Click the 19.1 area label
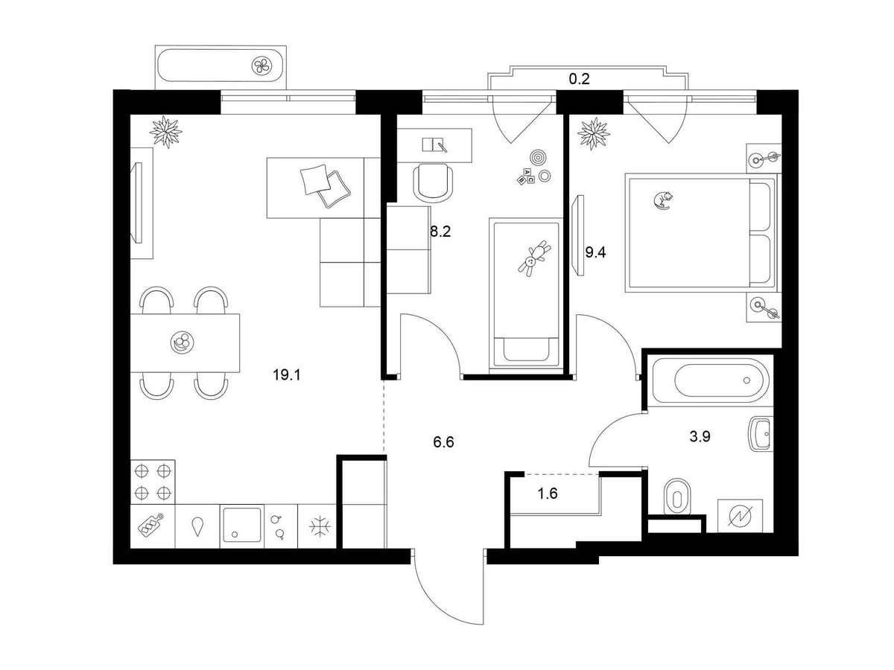(x=286, y=375)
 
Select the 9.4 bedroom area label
(x=595, y=252)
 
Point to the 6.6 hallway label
(x=443, y=442)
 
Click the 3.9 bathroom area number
(x=700, y=437)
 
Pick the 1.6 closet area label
(x=548, y=492)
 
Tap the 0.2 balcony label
(x=579, y=79)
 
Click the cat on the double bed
(x=662, y=199)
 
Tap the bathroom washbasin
(x=759, y=434)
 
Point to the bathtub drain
(x=746, y=380)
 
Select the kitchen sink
(x=241, y=526)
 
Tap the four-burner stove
(x=153, y=482)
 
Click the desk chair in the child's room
(x=432, y=182)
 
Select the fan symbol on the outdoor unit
(x=263, y=66)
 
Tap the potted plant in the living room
(x=165, y=131)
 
